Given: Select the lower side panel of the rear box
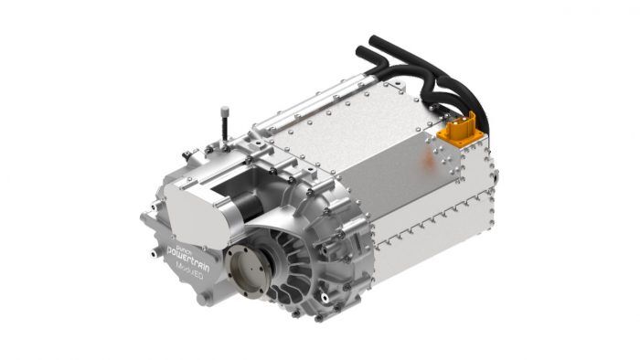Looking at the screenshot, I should click(430, 247).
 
